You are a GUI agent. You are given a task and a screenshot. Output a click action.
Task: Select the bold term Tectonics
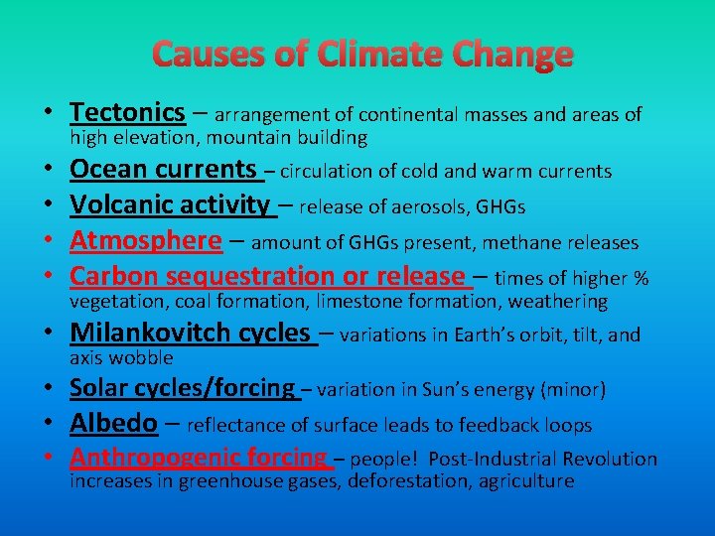coord(127,113)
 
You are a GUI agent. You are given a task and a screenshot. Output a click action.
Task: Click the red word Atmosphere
coord(146,240)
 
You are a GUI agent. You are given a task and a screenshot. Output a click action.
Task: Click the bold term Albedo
coord(113,424)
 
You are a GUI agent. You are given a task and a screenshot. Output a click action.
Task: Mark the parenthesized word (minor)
coord(574,390)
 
